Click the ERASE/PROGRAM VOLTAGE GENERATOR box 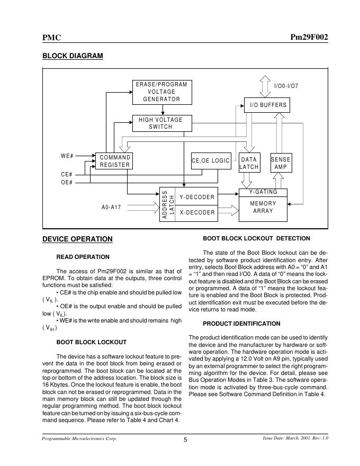coord(161,92)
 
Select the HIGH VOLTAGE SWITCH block coord(161,123)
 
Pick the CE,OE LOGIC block coord(211,160)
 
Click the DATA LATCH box coord(249,163)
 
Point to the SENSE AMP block coord(281,163)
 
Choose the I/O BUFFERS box coord(268,105)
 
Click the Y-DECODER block coord(197,197)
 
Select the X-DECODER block coord(197,212)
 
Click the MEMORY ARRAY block coord(263,207)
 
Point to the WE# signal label coord(67,156)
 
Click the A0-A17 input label coord(111,207)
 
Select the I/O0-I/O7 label coord(286,86)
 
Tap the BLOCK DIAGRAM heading coord(73,56)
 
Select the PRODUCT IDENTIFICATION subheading coord(241,324)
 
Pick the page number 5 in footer coord(185,440)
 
